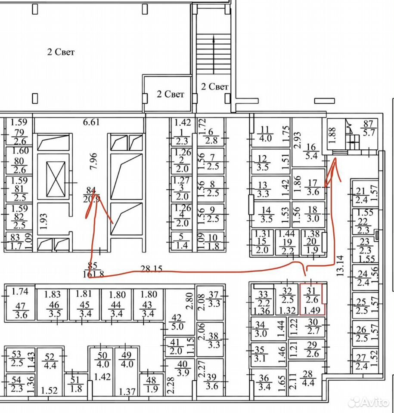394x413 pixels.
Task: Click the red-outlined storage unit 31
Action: click(x=312, y=299)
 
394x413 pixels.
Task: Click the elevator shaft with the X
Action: click(x=56, y=179)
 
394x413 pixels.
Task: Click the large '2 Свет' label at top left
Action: click(x=61, y=52)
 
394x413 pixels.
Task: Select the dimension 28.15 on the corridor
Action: click(x=151, y=269)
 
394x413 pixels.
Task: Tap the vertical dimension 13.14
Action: click(x=340, y=265)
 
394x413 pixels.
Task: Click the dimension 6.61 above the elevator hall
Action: click(x=91, y=122)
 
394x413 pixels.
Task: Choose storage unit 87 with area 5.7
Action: click(x=368, y=128)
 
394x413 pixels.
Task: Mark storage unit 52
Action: click(x=50, y=371)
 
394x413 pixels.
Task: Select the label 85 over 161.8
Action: click(x=92, y=270)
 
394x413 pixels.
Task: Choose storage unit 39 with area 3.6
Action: click(x=211, y=377)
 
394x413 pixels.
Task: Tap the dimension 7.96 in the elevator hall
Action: click(x=93, y=161)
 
